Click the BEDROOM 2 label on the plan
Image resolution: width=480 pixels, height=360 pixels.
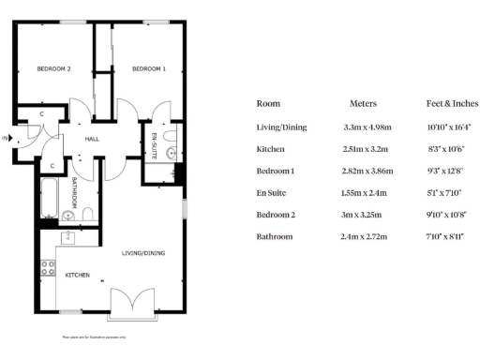coord(54,69)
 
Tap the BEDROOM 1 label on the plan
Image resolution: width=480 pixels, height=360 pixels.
coord(148,69)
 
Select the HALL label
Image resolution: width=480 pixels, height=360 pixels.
coord(93,138)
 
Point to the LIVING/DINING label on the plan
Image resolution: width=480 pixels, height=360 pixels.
coord(144,253)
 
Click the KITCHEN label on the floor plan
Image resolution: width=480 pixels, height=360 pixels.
coord(77,276)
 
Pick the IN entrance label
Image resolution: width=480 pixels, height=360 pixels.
coord(5,139)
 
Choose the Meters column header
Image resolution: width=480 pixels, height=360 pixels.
coord(363,104)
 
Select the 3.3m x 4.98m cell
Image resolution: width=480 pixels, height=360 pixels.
coord(363,127)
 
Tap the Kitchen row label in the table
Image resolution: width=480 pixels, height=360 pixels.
coord(270,149)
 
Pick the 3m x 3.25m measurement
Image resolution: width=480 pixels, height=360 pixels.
coord(363,215)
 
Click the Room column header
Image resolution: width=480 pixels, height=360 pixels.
coord(268,104)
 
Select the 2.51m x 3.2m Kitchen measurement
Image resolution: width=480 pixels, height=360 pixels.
coord(363,149)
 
